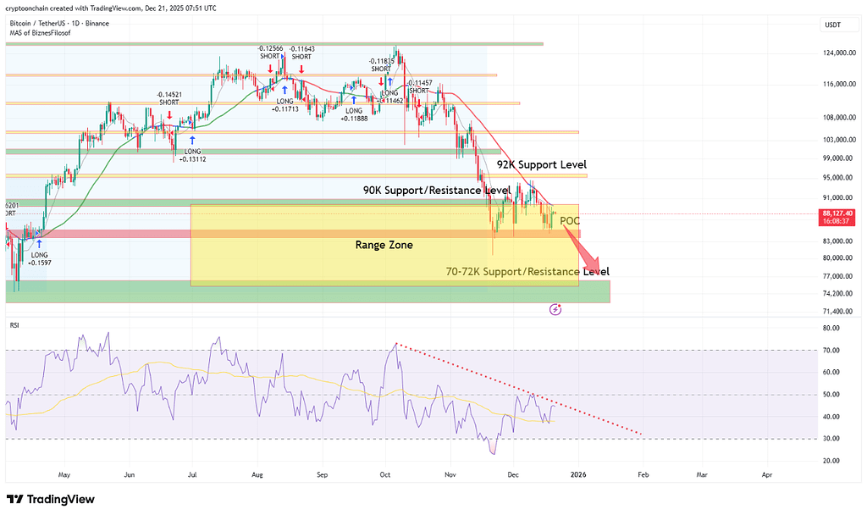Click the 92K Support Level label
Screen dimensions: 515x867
click(541, 164)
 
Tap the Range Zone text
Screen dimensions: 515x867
click(384, 245)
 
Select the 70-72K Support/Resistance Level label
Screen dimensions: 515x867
click(527, 272)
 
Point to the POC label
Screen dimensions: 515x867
click(571, 221)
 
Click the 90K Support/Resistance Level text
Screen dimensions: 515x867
click(436, 191)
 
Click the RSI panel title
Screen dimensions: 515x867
click(14, 324)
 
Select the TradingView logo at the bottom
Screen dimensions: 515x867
click(50, 500)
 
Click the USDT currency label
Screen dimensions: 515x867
click(832, 25)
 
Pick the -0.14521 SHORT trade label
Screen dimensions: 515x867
click(169, 97)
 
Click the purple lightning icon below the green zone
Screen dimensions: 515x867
click(555, 310)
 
